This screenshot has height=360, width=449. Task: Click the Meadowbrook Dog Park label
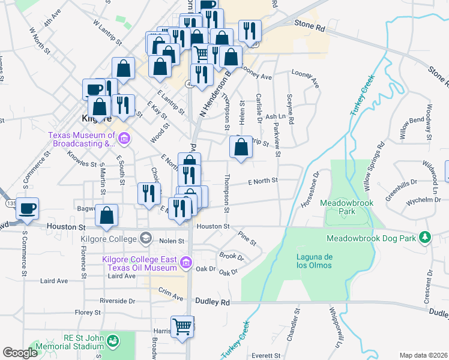372,238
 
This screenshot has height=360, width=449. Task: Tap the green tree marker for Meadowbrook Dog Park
425,238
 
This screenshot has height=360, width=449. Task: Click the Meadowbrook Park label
346,207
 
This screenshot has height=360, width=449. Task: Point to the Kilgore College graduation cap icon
145,239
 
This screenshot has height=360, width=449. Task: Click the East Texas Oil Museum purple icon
186,262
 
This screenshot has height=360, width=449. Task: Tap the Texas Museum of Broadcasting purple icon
124,139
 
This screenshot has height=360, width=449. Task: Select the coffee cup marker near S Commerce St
28,209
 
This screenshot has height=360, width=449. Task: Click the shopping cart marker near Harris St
183,327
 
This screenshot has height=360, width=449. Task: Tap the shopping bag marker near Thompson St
241,147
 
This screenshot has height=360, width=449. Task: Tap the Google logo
20,353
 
